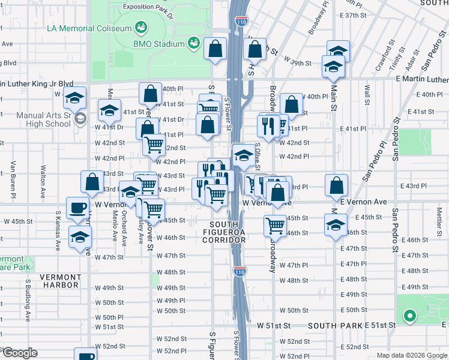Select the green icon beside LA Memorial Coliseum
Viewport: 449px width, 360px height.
tap(141, 28)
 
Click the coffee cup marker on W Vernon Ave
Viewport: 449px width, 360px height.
tap(76, 207)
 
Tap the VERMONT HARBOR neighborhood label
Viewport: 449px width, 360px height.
tap(60, 281)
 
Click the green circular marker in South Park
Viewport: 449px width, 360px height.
tap(410, 316)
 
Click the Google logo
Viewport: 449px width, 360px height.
tap(19, 353)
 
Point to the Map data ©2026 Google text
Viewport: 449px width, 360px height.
tap(412, 355)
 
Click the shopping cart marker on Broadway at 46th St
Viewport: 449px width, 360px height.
tap(275, 226)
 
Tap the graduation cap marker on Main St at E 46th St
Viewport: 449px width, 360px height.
tap(335, 226)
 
